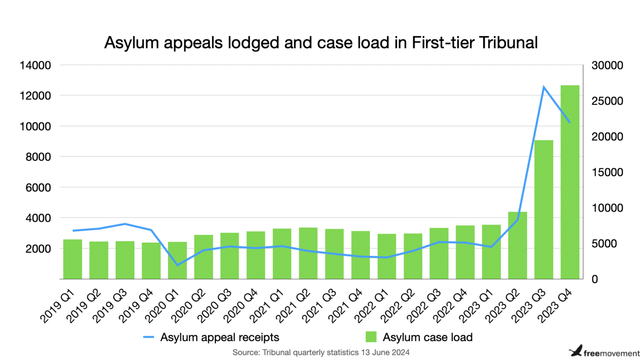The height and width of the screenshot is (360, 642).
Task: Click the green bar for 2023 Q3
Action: click(x=543, y=209)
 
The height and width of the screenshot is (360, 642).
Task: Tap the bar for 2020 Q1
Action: click(x=177, y=260)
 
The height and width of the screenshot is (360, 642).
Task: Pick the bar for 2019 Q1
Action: click(x=73, y=259)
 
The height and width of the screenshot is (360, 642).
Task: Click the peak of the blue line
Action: click(x=543, y=87)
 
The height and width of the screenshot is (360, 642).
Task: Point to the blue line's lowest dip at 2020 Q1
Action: click(x=177, y=265)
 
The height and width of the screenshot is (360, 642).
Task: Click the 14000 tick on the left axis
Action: click(x=35, y=65)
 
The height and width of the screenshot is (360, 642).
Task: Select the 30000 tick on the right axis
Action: click(x=607, y=65)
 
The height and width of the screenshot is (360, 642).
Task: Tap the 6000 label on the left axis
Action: click(x=35, y=187)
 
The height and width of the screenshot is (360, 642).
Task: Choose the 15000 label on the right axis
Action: click(x=607, y=172)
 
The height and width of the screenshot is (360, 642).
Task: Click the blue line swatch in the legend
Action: click(x=148, y=337)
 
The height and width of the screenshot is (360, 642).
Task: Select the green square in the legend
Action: click(x=371, y=337)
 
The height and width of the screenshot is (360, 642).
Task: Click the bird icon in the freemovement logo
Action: click(x=576, y=350)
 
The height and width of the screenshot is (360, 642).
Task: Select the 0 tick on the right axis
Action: click(x=594, y=279)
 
